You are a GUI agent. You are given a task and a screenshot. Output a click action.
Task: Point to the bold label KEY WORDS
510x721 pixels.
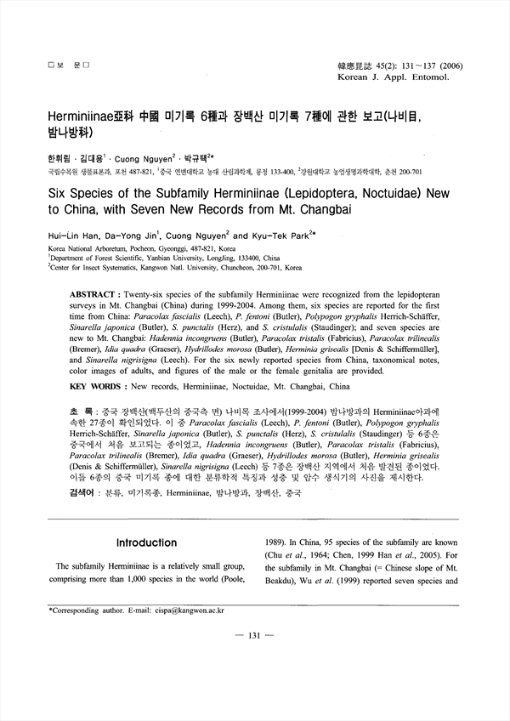click(93, 386)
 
